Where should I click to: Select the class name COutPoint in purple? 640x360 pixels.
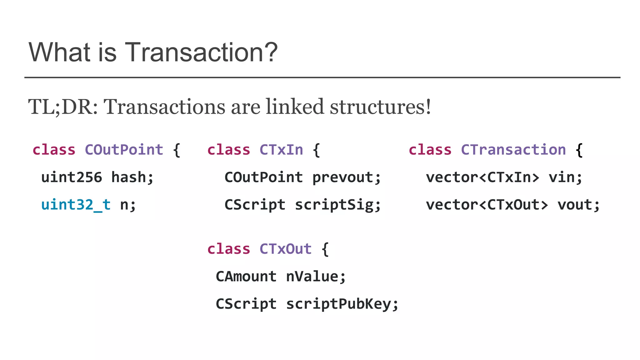124,150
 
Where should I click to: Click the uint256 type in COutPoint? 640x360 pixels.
72,177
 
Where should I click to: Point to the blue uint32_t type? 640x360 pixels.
76,205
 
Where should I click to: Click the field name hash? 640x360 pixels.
132,177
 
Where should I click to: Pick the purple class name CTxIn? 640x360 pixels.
281,150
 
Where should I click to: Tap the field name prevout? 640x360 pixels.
347,177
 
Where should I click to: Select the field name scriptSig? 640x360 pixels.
338,205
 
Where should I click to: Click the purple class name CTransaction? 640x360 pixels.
513,150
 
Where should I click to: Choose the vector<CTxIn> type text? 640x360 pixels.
482,177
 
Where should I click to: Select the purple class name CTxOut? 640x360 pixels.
286,249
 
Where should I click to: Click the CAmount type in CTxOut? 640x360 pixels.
246,277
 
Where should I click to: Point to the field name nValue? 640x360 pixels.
316,277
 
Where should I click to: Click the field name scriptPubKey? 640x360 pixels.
342,304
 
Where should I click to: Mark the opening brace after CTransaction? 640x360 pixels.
579,150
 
